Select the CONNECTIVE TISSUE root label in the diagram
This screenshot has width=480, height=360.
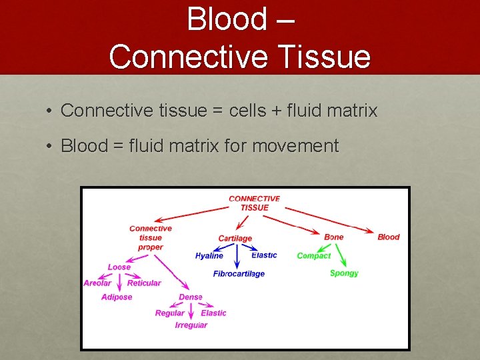(254, 203)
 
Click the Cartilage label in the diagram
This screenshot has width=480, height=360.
(235, 239)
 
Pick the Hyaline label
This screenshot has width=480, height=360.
(209, 256)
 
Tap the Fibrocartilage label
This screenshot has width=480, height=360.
(239, 274)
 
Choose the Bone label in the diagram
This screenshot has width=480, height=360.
(334, 237)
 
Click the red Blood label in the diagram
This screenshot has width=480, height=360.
(389, 237)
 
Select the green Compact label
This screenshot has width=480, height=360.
(313, 256)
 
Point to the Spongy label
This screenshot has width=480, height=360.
(344, 273)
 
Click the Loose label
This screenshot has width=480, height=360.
(119, 267)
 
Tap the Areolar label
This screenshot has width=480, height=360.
(97, 283)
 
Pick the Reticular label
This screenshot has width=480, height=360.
(144, 283)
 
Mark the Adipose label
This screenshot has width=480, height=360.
(117, 297)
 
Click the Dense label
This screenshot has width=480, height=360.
(191, 297)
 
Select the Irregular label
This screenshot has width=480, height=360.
(191, 325)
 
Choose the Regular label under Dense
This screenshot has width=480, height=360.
(170, 313)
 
